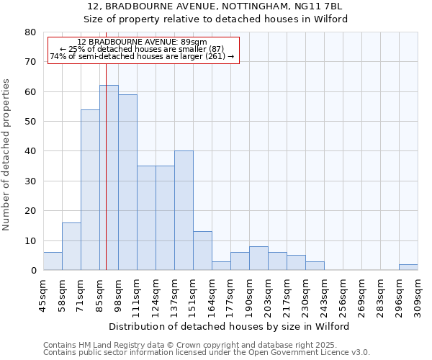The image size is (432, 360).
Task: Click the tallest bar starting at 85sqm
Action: tap(109, 177)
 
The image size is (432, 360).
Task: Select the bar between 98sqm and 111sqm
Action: tap(127, 182)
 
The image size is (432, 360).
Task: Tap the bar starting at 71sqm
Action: tap(90, 189)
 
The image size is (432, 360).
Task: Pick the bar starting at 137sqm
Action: tap(184, 210)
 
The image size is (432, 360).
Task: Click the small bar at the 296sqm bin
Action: tap(408, 267)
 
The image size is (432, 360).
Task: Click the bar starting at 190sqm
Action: tap(258, 258)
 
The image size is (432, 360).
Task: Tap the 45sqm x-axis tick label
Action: tap(44, 294)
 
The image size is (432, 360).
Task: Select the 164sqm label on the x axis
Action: tap(212, 294)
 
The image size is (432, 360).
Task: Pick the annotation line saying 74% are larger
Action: tap(142, 56)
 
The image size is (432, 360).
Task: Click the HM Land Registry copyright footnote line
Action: tap(190, 345)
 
